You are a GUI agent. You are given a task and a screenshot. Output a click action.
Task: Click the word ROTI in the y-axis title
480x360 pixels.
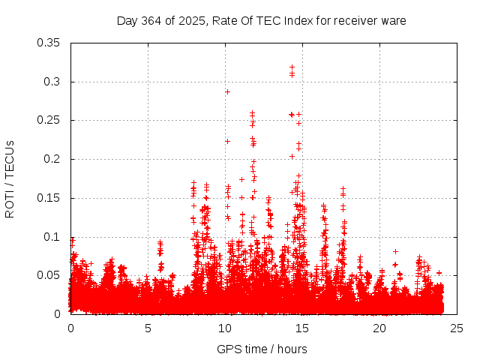10,201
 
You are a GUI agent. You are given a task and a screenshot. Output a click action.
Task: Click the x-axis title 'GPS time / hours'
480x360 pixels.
262,349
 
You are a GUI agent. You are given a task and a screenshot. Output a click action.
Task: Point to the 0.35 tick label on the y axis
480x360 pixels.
49,43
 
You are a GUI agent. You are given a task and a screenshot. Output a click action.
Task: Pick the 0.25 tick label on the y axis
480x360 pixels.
49,120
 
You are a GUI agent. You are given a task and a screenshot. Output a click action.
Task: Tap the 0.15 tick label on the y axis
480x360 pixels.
49,198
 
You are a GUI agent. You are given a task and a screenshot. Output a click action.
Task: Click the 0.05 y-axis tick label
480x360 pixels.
49,275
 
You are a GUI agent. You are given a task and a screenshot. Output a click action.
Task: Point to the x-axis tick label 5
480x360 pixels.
148,328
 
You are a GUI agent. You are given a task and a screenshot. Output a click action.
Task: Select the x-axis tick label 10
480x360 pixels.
225,328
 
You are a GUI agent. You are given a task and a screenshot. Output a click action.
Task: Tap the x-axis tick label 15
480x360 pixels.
302,328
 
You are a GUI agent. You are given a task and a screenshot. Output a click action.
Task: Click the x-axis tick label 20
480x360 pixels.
379,328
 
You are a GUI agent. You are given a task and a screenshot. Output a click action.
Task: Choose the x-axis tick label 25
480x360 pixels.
457,328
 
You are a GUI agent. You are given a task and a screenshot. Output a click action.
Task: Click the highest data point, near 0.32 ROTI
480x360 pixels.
292,67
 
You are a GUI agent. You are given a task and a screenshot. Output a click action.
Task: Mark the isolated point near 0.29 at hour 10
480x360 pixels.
227,91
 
